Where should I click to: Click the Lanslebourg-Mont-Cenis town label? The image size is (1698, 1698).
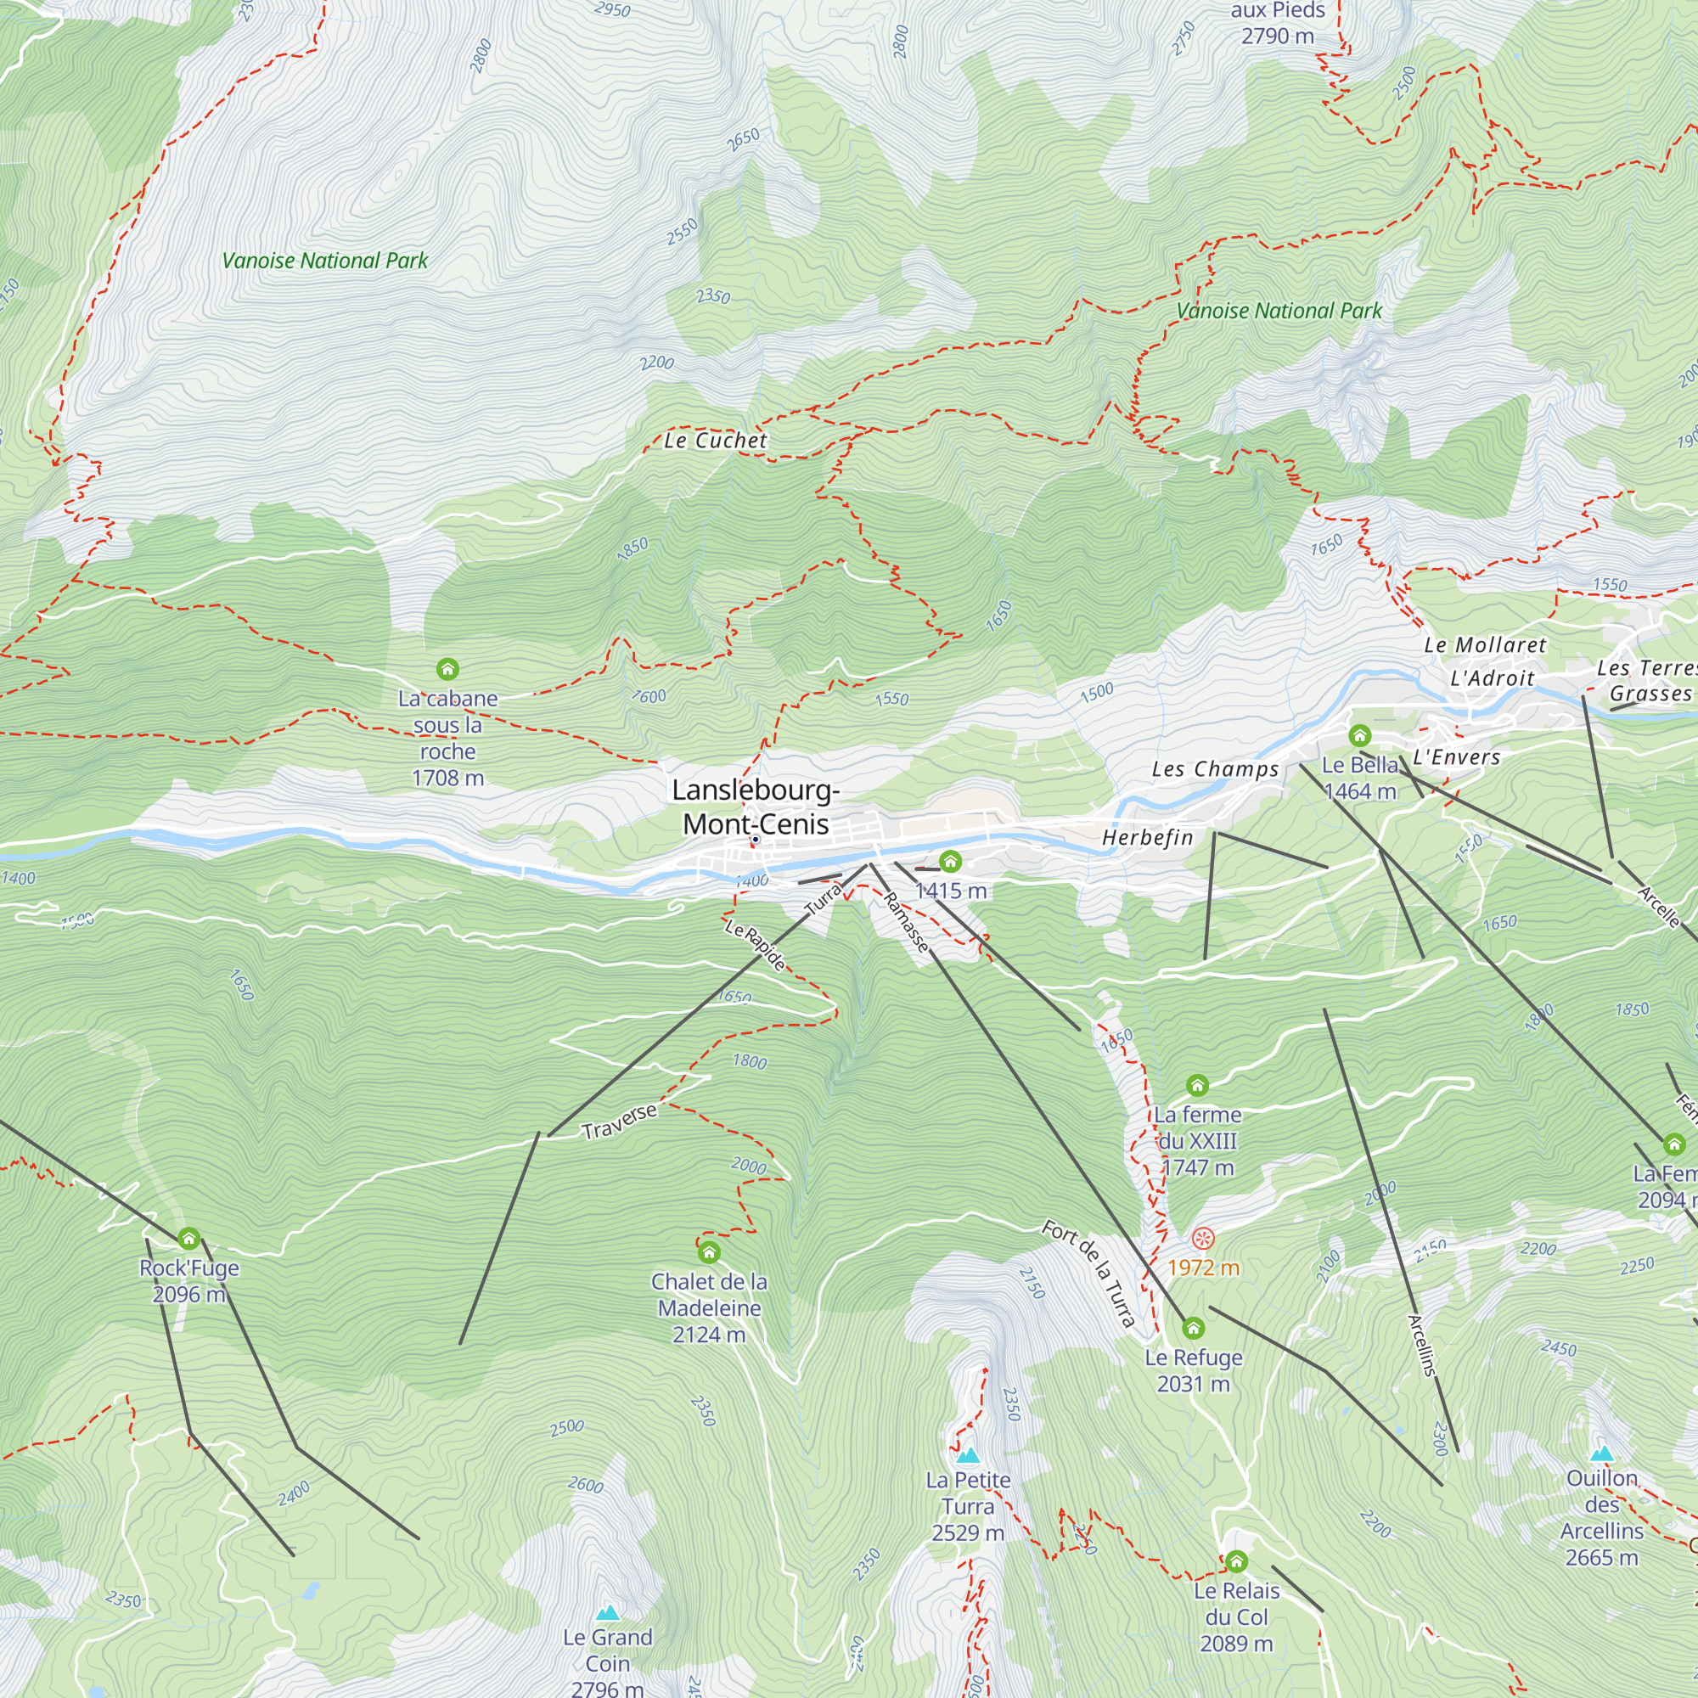pyautogui.click(x=756, y=807)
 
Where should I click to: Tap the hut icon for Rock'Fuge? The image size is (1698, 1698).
pyautogui.click(x=189, y=1240)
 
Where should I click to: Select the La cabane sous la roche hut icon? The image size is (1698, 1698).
pyautogui.click(x=447, y=670)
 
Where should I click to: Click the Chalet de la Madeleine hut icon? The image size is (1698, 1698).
pyautogui.click(x=709, y=1252)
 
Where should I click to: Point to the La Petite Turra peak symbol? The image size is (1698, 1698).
pyautogui.click(x=968, y=1455)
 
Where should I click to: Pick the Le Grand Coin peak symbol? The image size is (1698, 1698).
pyautogui.click(x=607, y=1613)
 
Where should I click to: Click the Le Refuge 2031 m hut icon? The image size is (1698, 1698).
pyautogui.click(x=1193, y=1327)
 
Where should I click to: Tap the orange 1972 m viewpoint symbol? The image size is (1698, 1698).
pyautogui.click(x=1202, y=1240)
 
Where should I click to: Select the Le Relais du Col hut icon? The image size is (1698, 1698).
pyautogui.click(x=1237, y=1562)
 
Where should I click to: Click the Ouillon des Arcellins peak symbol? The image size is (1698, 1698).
pyautogui.click(x=1601, y=1453)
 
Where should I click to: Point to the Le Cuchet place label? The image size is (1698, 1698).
pyautogui.click(x=716, y=441)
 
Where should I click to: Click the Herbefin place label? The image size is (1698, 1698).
pyautogui.click(x=1148, y=838)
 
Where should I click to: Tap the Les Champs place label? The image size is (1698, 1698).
pyautogui.click(x=1216, y=769)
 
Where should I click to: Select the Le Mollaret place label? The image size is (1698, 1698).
pyautogui.click(x=1484, y=645)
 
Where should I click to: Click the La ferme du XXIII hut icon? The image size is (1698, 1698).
pyautogui.click(x=1197, y=1085)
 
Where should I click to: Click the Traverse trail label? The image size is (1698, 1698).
pyautogui.click(x=620, y=1122)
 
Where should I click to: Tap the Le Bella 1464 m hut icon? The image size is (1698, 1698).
pyautogui.click(x=1359, y=734)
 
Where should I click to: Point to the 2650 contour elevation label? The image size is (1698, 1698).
pyautogui.click(x=744, y=139)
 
